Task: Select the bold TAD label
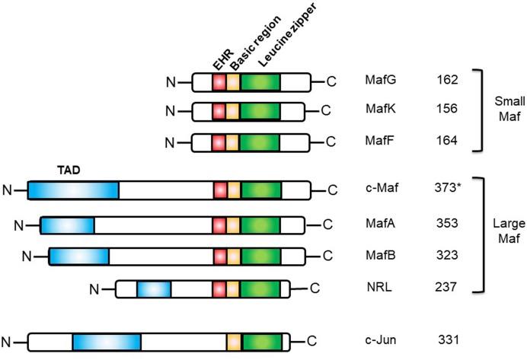pyautogui.click(x=71, y=170)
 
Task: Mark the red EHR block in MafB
pyautogui.click(x=220, y=256)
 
